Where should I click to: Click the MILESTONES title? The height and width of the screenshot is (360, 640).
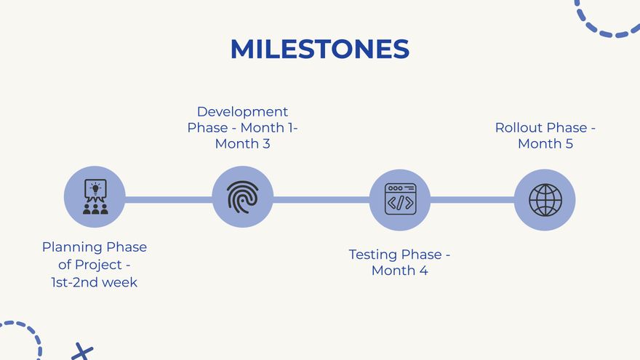[319, 49]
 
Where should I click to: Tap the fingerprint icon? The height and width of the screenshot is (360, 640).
[242, 197]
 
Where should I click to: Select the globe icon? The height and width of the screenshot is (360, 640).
[545, 200]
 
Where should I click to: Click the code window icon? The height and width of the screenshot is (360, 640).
[400, 199]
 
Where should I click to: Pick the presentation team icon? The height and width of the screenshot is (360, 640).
[95, 197]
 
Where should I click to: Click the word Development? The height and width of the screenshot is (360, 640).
[242, 111]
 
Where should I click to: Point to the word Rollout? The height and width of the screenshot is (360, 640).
[519, 128]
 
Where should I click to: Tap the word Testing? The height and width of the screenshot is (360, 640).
[372, 255]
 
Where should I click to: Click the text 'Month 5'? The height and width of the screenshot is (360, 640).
[545, 144]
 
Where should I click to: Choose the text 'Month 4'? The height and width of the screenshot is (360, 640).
[399, 271]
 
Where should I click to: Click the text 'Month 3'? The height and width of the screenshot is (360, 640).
[242, 144]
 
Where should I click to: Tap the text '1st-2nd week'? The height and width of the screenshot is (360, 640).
[95, 282]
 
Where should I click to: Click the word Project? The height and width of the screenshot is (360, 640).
[98, 265]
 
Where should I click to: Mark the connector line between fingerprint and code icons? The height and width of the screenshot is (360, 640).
[321, 199]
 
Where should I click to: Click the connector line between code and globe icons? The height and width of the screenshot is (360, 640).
[472, 199]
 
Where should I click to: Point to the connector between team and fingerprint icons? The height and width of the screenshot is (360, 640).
[169, 199]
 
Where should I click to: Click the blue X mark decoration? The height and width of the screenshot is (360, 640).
[82, 352]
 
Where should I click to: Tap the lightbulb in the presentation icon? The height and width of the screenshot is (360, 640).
[95, 188]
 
